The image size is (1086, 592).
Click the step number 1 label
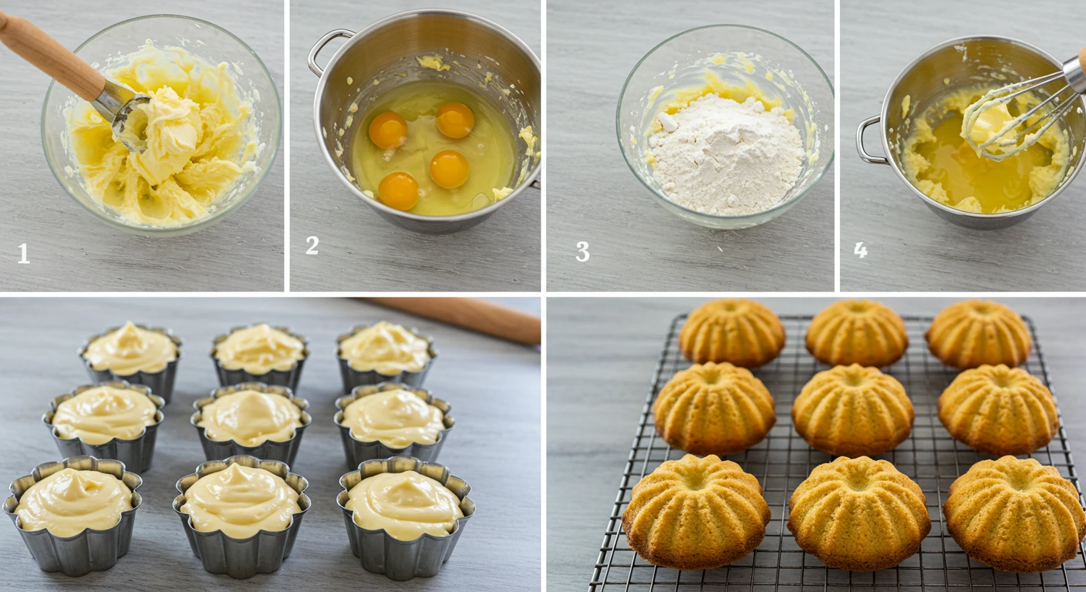click(x=24, y=254)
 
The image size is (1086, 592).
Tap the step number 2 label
click(x=312, y=245)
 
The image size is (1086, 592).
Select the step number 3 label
click(x=582, y=252)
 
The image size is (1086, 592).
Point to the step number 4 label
click(x=861, y=250)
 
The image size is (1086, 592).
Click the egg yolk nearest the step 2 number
click(x=399, y=190)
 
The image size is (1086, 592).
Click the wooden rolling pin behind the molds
click(x=463, y=316)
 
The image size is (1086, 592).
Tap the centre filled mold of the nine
click(x=251, y=420)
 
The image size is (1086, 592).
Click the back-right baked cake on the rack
click(x=978, y=334)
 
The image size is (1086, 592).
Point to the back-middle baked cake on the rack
click(x=856, y=333)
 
